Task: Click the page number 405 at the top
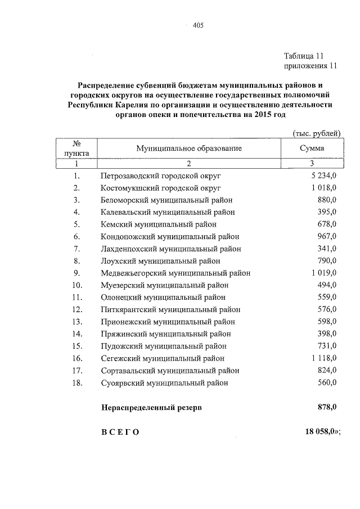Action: [x=197, y=25]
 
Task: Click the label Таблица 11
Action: [x=304, y=56]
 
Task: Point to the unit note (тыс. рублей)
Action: [x=317, y=133]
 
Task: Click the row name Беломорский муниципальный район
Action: [x=166, y=200]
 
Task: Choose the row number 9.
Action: [x=76, y=273]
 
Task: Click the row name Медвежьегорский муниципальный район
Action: [x=175, y=273]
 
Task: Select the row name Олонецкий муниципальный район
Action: [x=164, y=297]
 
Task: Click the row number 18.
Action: [x=78, y=382]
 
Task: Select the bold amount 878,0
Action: [x=326, y=407]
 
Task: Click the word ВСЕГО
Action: [x=119, y=431]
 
